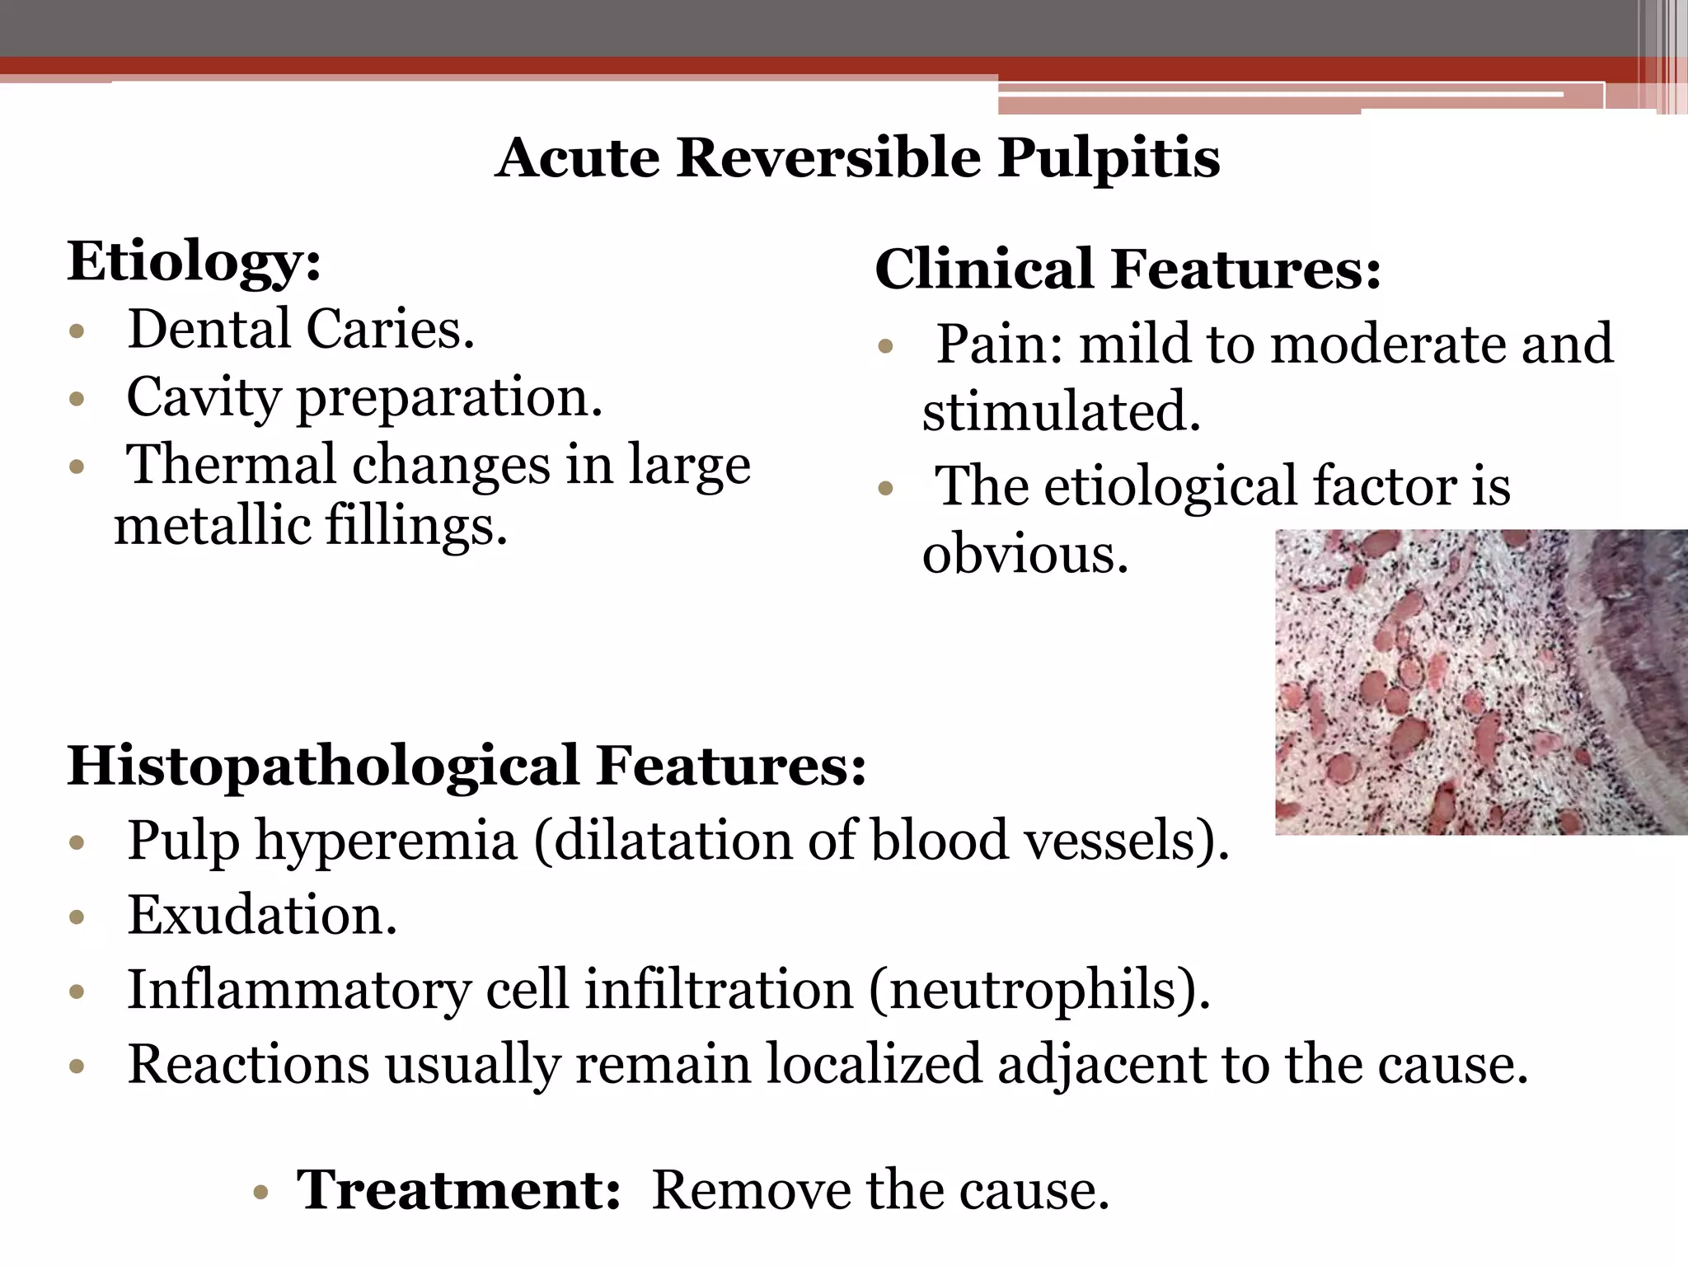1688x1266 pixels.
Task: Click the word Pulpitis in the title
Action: point(1109,158)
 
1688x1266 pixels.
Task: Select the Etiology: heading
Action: point(195,262)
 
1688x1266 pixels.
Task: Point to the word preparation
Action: point(449,399)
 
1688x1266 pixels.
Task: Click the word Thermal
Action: point(230,465)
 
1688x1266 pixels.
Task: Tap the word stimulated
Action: point(1061,411)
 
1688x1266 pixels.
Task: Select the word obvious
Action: point(1025,555)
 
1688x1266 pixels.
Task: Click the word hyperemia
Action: point(386,842)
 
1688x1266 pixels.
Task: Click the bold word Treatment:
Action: point(458,1190)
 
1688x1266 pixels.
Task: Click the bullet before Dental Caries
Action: point(77,333)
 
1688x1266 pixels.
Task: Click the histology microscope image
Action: point(1480,682)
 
